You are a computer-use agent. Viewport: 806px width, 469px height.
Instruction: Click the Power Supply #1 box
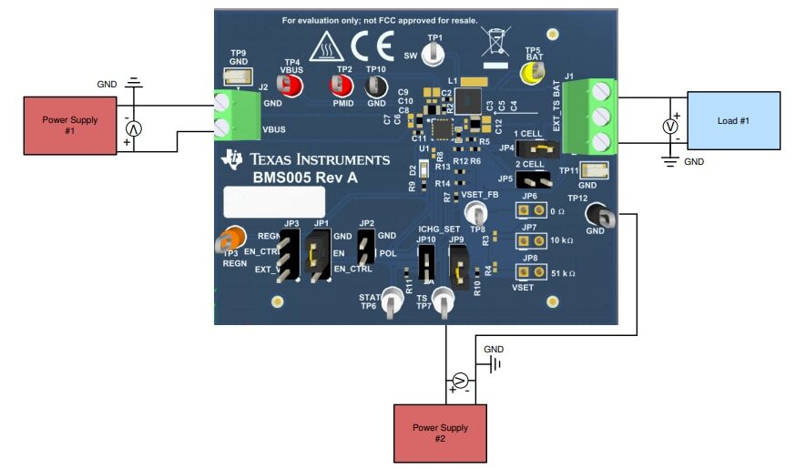click(x=70, y=126)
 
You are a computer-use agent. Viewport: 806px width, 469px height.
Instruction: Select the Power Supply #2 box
click(x=440, y=432)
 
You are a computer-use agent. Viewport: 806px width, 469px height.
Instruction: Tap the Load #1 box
click(x=733, y=119)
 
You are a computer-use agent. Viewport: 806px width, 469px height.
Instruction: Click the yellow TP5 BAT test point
click(x=529, y=71)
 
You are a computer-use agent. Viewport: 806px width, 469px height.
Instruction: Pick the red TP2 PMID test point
click(x=342, y=86)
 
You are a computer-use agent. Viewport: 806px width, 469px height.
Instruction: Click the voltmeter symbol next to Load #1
click(x=669, y=127)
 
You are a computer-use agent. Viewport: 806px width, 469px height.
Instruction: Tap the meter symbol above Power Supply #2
click(x=461, y=380)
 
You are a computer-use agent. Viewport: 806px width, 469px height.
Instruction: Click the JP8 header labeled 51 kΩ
click(x=525, y=270)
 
